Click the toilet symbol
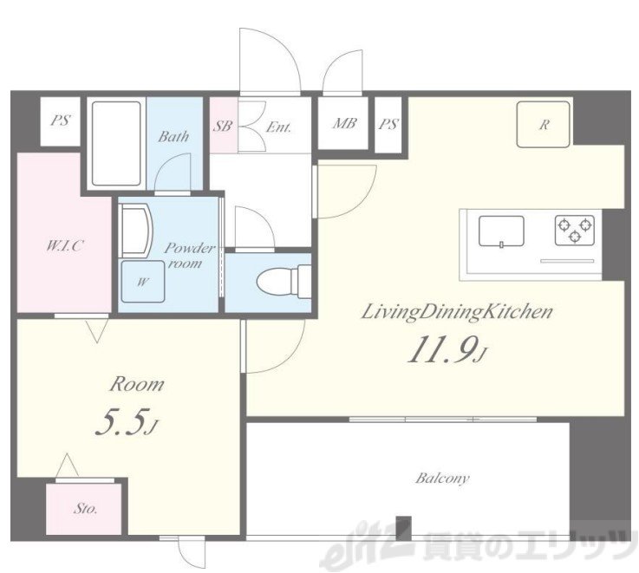click(284, 282)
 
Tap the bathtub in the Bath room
click(116, 143)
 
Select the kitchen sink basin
click(501, 231)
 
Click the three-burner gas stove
click(575, 230)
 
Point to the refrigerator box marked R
click(544, 124)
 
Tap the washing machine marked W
click(143, 281)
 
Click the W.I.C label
click(65, 245)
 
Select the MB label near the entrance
click(344, 123)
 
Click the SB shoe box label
click(223, 126)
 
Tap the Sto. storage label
click(86, 508)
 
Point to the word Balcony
click(442, 478)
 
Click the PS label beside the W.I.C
click(61, 120)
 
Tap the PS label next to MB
click(388, 124)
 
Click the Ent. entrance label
click(278, 127)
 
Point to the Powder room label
click(189, 256)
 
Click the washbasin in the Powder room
click(135, 231)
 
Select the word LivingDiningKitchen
click(457, 313)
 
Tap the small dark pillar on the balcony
click(404, 527)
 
